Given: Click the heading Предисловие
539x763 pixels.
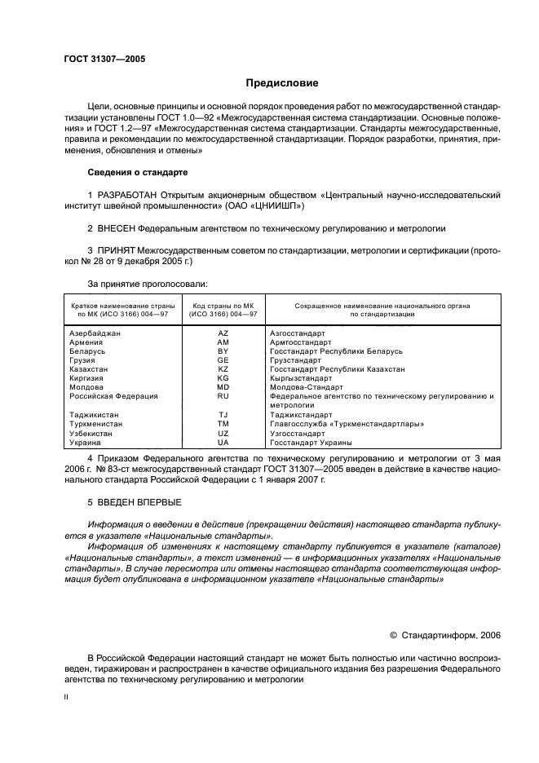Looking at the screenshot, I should (282, 82).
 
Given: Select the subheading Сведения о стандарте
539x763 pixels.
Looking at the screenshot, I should (137, 173).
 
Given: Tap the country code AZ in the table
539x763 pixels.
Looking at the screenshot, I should (223, 333).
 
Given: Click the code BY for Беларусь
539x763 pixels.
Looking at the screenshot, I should (223, 351).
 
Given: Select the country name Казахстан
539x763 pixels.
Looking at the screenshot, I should (89, 369).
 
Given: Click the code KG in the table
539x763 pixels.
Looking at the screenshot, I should (223, 378).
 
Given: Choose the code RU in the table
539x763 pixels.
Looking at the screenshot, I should (223, 396).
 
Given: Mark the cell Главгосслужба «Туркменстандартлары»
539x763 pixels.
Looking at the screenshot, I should (347, 424).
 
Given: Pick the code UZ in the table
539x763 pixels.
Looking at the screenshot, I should (223, 433).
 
